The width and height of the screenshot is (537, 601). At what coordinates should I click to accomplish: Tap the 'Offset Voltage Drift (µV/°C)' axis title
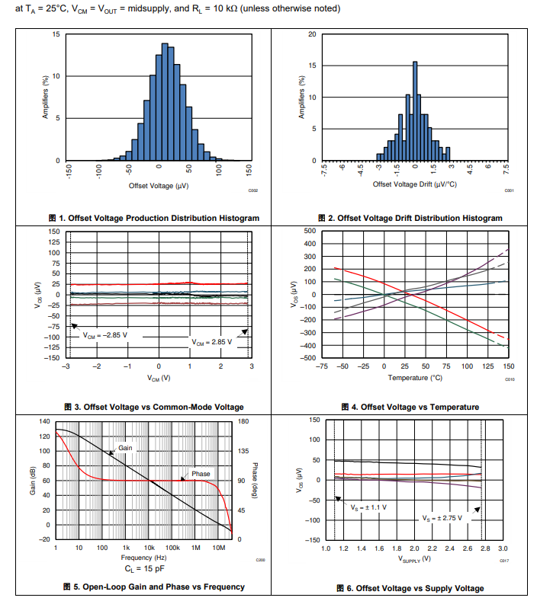click(414, 184)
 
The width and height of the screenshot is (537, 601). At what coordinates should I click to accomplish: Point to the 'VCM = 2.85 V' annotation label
click(211, 342)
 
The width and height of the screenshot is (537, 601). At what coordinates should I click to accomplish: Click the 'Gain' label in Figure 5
click(125, 448)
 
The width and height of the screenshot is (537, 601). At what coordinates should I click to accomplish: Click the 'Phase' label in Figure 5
click(201, 474)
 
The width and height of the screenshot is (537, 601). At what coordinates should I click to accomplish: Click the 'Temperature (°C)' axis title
click(415, 378)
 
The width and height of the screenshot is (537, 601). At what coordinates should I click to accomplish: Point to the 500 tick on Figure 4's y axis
click(310, 231)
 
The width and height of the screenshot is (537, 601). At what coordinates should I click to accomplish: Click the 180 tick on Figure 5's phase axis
click(244, 421)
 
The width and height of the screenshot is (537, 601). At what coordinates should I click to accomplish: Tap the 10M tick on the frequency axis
click(218, 548)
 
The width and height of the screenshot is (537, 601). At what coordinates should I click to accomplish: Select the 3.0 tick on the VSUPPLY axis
click(503, 548)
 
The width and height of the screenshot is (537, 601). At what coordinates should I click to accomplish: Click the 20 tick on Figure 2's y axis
click(312, 34)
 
